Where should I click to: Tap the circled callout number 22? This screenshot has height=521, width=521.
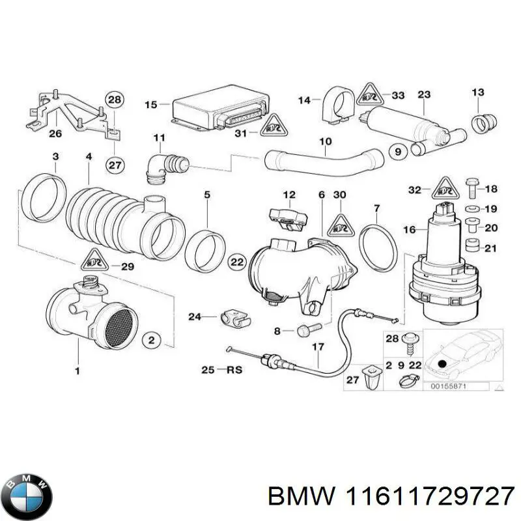point(236,262)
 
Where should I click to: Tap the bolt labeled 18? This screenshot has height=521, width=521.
point(473,189)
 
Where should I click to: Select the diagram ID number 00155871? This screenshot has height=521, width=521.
point(450,387)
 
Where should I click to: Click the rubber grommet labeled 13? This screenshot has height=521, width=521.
point(482,122)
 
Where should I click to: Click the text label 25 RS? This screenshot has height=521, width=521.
point(221,370)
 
